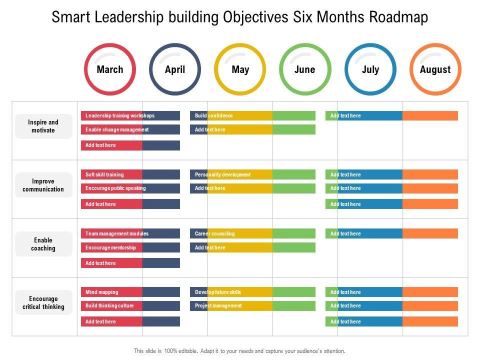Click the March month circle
[110, 69]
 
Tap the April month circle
[175, 69]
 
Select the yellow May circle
[240, 69]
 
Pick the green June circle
[305, 69]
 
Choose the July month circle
[370, 69]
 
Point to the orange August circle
[435, 69]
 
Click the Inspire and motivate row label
[43, 126]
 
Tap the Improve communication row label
[43, 185]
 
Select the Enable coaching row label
[43, 244]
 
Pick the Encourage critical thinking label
[43, 302]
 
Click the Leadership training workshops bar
[130, 115]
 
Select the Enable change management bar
[130, 129]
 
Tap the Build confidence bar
[252, 115]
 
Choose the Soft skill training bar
[130, 174]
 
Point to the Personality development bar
[252, 174]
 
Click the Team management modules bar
[130, 233]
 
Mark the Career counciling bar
[252, 233]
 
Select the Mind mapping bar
[130, 292]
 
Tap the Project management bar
[252, 305]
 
